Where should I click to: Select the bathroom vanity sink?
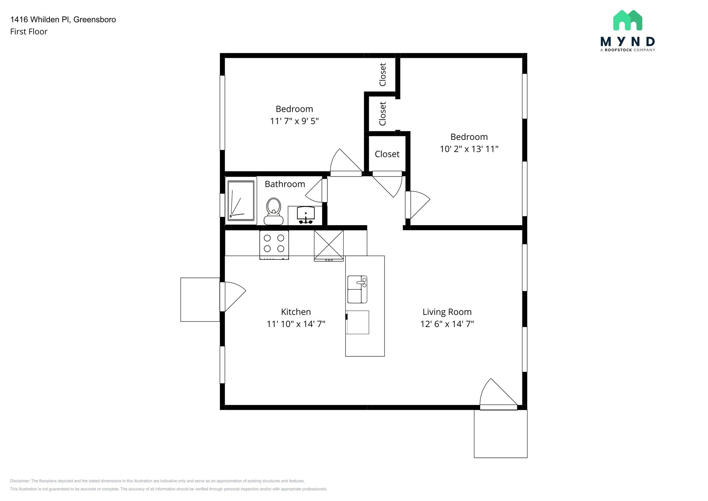(x=306, y=215)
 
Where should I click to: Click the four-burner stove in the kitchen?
(x=274, y=244)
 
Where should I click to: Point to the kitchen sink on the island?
(x=357, y=289)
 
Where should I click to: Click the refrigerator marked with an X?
(x=329, y=245)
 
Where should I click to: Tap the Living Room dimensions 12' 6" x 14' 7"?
(x=447, y=324)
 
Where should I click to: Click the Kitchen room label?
(x=296, y=312)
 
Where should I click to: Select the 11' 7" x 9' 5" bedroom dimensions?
(x=294, y=121)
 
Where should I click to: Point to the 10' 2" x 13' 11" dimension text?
(x=469, y=149)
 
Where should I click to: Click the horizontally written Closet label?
(x=387, y=154)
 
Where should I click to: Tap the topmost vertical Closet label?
(x=382, y=74)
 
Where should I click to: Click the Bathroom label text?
(x=285, y=184)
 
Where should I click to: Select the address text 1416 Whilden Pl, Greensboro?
(x=63, y=20)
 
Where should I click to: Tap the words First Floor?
(x=29, y=32)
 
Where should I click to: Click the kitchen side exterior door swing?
(x=233, y=296)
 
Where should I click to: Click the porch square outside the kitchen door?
(x=200, y=300)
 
